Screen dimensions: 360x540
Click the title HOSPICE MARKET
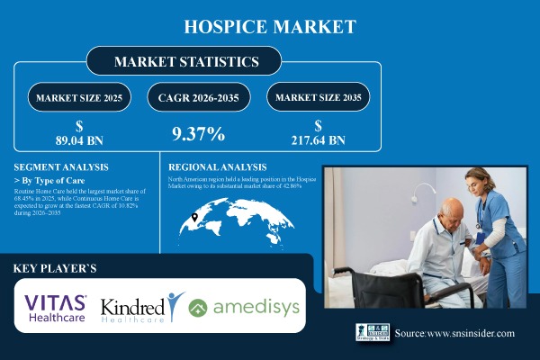click(270, 26)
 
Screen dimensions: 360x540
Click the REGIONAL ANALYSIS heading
click(219, 167)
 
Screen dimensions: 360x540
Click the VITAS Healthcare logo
click(57, 307)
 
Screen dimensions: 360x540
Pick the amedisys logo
click(244, 308)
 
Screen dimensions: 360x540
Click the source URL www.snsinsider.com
click(454, 334)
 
